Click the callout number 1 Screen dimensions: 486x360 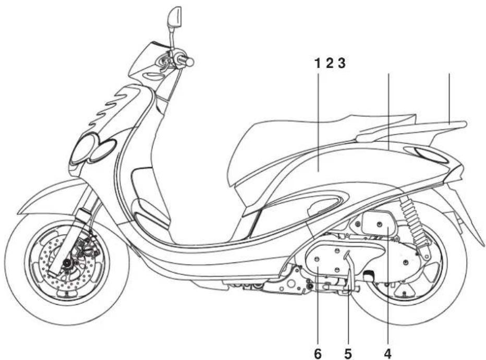click(x=317, y=64)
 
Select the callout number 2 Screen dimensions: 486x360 click(x=329, y=64)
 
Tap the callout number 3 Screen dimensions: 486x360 click(x=341, y=64)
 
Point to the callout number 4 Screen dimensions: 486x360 click(x=388, y=353)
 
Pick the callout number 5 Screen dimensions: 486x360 click(x=348, y=353)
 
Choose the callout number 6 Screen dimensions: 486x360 click(x=318, y=353)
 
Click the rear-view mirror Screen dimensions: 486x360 click(x=175, y=17)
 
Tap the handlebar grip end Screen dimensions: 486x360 click(x=190, y=62)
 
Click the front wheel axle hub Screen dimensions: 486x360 click(x=66, y=263)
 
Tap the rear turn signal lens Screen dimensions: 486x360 click(x=431, y=155)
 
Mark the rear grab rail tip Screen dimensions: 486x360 click(x=464, y=124)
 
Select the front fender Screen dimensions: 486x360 click(x=53, y=195)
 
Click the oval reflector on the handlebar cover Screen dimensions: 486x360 click(x=153, y=75)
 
